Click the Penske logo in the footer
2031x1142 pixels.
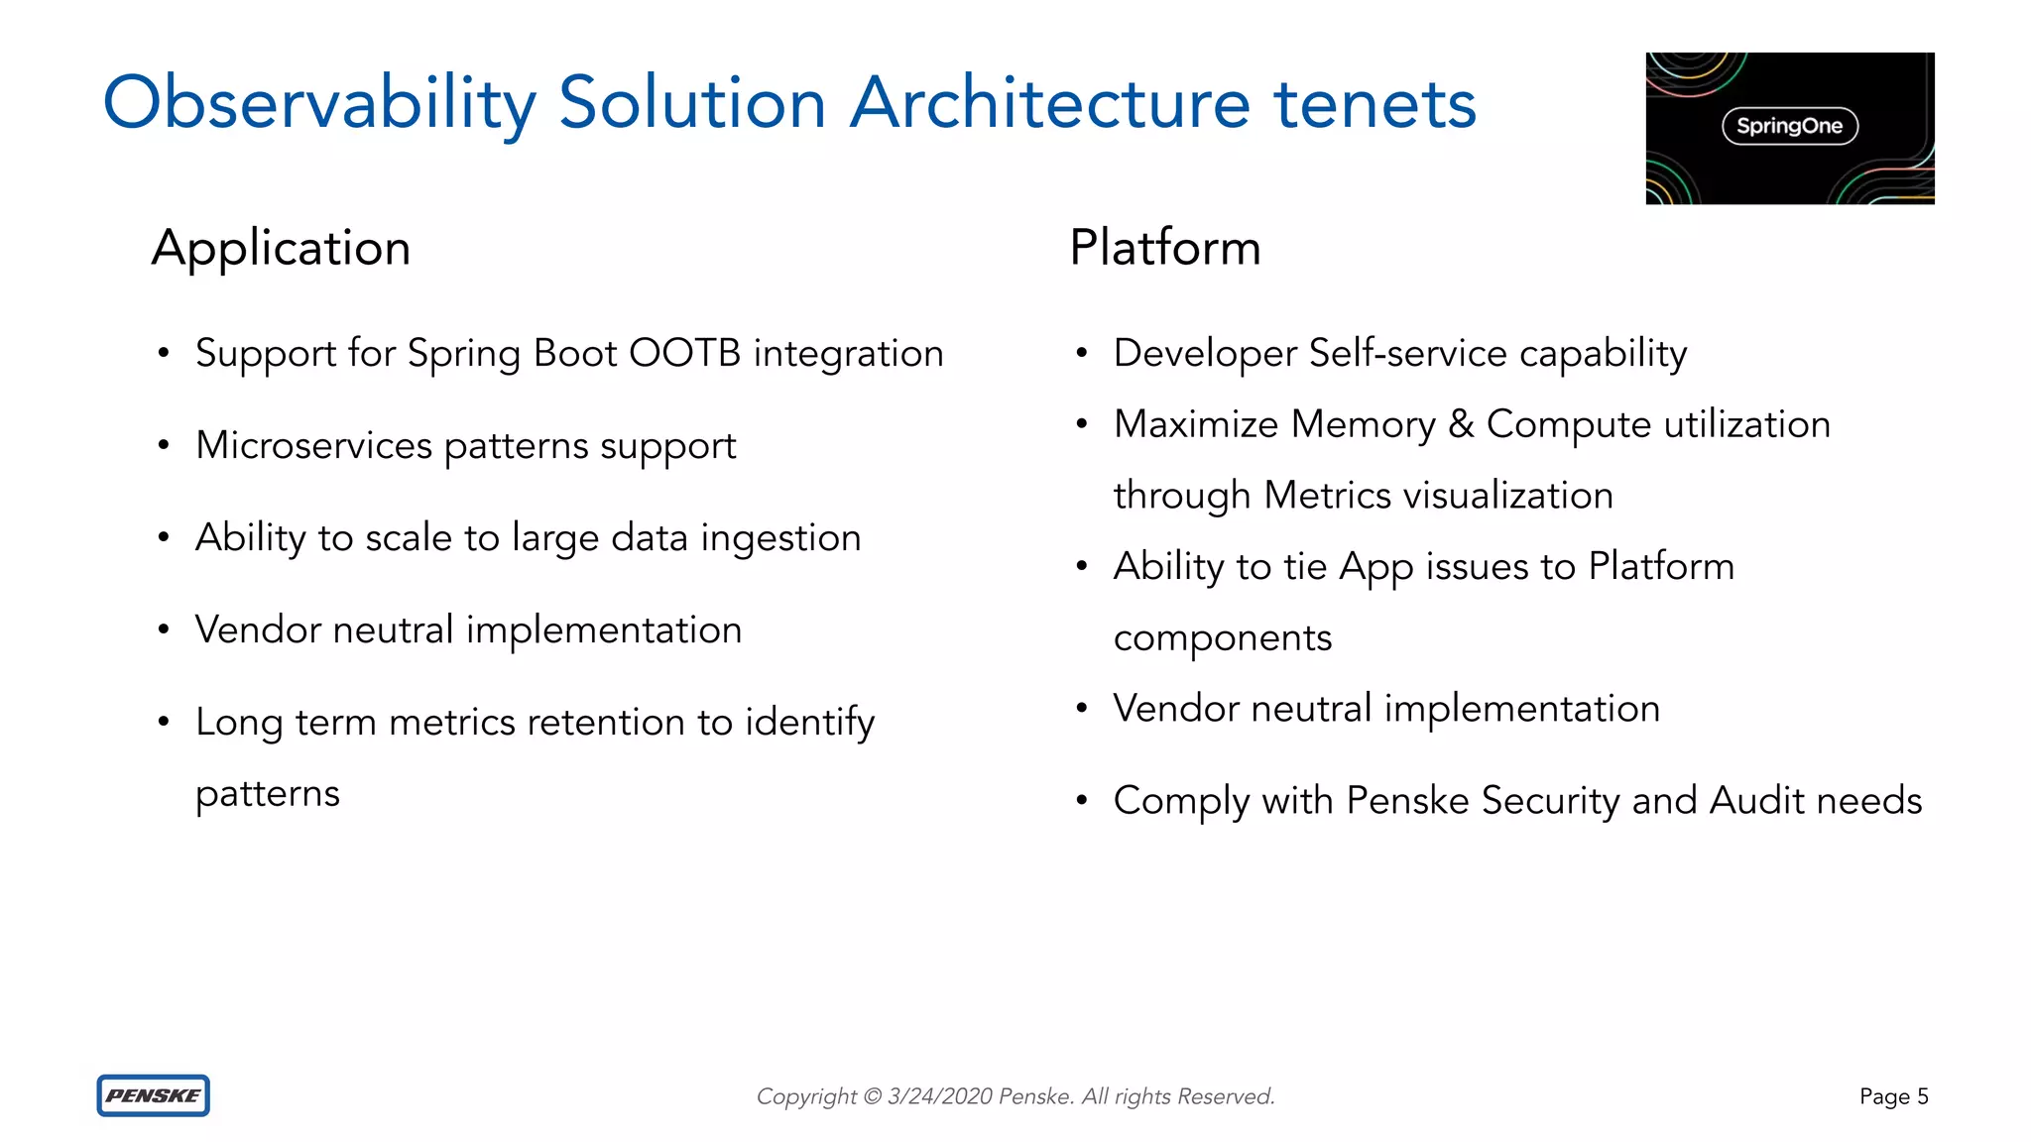coord(153,1095)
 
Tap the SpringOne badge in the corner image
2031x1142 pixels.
coord(1789,126)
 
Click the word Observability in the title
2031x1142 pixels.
coord(319,103)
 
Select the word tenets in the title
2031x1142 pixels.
coord(1374,103)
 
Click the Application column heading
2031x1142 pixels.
coord(281,248)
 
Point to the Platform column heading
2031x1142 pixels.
coord(1164,248)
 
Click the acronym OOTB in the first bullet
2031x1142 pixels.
coord(684,353)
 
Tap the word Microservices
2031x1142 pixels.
coord(313,445)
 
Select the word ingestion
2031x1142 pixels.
coord(780,538)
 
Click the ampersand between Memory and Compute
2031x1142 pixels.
coord(1460,424)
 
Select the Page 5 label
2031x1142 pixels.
coord(1893,1096)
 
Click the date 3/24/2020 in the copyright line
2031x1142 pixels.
coord(939,1096)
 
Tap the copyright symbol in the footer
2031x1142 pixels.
coord(872,1096)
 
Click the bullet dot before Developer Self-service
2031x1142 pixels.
coord(1082,353)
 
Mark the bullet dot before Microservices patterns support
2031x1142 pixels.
coord(164,445)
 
